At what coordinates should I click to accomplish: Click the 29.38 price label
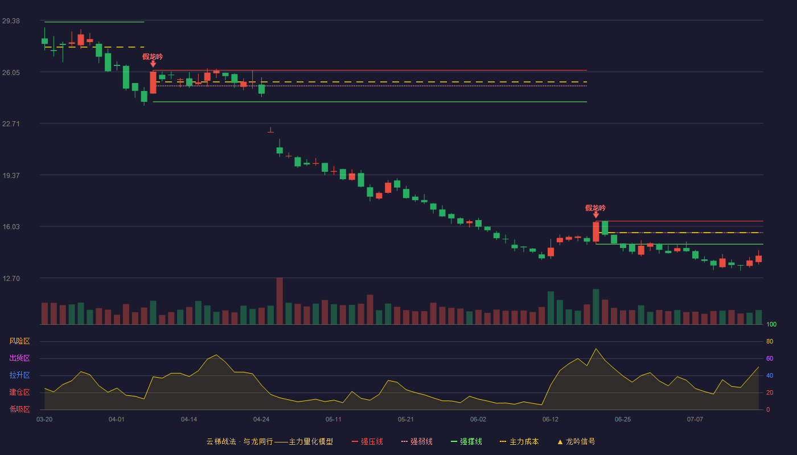(11, 21)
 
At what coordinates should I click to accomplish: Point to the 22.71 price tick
(11, 124)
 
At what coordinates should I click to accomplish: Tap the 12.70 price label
(11, 278)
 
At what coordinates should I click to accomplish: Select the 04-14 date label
(189, 420)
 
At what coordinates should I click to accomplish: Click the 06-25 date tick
(623, 420)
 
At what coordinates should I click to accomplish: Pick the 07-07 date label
(695, 420)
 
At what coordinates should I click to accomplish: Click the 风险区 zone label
(19, 341)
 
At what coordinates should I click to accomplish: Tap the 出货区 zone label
(19, 358)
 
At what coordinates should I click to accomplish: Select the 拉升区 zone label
(19, 375)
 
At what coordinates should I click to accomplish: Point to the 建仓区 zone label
(19, 392)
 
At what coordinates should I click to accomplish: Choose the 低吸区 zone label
(19, 409)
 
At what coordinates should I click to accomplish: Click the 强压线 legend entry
(367, 441)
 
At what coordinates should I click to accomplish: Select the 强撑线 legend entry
(466, 441)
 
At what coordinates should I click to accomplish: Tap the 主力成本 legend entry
(519, 441)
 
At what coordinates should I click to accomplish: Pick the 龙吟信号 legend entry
(576, 441)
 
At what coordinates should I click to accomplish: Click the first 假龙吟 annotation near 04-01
(153, 57)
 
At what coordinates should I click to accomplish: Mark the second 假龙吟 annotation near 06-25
(595, 208)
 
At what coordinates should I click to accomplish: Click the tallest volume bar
(280, 301)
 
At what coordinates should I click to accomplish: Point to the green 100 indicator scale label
(771, 324)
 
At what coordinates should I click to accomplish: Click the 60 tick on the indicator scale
(770, 358)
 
